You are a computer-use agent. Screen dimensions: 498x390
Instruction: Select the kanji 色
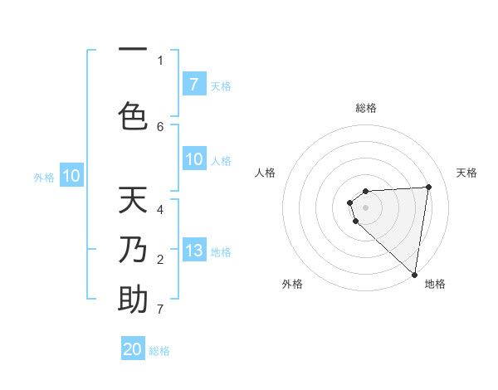[133, 115]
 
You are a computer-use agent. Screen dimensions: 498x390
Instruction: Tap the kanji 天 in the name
[133, 202]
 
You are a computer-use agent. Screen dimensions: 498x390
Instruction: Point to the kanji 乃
[133, 249]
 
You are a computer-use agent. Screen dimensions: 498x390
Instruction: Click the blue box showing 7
[193, 84]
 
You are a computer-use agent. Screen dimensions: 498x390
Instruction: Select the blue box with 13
[193, 251]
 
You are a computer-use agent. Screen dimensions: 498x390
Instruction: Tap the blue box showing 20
[133, 349]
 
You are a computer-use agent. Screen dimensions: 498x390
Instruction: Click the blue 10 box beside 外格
[71, 176]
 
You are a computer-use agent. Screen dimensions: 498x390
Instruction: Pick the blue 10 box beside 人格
[193, 159]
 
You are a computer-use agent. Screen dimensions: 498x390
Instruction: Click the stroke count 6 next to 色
[160, 126]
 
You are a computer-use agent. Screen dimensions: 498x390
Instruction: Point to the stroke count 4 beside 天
[160, 208]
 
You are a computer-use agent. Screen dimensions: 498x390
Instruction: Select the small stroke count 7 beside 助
[160, 310]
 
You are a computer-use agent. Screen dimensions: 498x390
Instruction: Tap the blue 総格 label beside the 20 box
[159, 351]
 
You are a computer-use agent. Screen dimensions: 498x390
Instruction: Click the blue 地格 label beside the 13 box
[221, 252]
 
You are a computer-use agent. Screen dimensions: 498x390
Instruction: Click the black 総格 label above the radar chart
[365, 108]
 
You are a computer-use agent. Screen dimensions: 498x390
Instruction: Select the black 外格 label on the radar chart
[292, 284]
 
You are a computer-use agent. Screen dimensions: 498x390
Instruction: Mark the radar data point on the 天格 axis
[428, 187]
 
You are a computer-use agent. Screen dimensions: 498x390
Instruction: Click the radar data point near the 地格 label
[414, 275]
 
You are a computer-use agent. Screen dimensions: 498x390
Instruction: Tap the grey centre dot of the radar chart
[365, 207]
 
